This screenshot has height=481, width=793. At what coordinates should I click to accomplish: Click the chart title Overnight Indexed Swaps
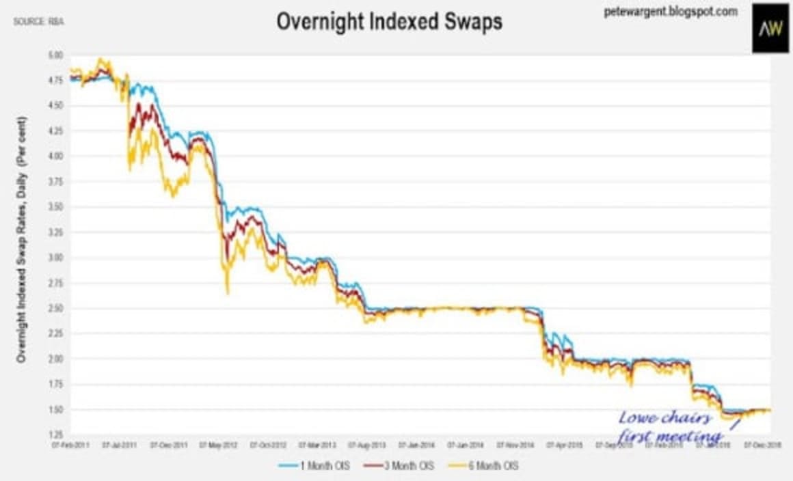coord(389,21)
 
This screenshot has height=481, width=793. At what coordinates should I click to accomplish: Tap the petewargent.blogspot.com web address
coord(661,12)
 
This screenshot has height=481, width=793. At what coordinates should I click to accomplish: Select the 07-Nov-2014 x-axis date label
coord(516,444)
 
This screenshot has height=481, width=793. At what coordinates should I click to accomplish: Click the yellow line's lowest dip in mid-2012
coord(228,293)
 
